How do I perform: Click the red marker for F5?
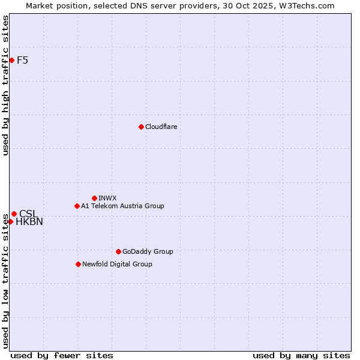click(x=11, y=60)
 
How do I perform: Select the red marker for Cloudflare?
click(x=141, y=127)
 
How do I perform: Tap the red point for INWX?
click(x=94, y=198)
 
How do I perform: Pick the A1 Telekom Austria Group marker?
click(x=77, y=206)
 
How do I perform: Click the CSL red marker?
click(x=14, y=214)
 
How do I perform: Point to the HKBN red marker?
click(x=10, y=221)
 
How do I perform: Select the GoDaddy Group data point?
click(x=118, y=251)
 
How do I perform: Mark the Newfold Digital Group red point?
click(x=78, y=264)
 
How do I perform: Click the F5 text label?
click(x=23, y=60)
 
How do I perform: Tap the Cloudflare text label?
click(x=161, y=127)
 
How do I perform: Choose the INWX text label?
click(x=107, y=198)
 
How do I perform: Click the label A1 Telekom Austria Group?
click(x=122, y=206)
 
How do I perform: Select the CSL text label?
click(x=28, y=214)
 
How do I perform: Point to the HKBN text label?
click(x=29, y=222)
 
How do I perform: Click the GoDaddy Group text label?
click(x=148, y=251)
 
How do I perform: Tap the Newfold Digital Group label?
click(x=117, y=264)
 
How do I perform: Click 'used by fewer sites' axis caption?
click(x=62, y=355)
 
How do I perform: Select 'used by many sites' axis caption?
click(x=301, y=355)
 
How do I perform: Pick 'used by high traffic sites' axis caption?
click(x=6, y=85)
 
